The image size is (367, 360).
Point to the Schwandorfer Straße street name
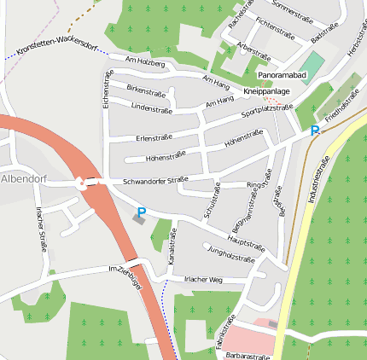point(154,181)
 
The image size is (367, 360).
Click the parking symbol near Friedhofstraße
point(315,131)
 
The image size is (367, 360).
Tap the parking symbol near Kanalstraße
point(142,212)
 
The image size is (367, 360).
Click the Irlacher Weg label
point(203,280)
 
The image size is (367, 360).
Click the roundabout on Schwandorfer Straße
point(81,181)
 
